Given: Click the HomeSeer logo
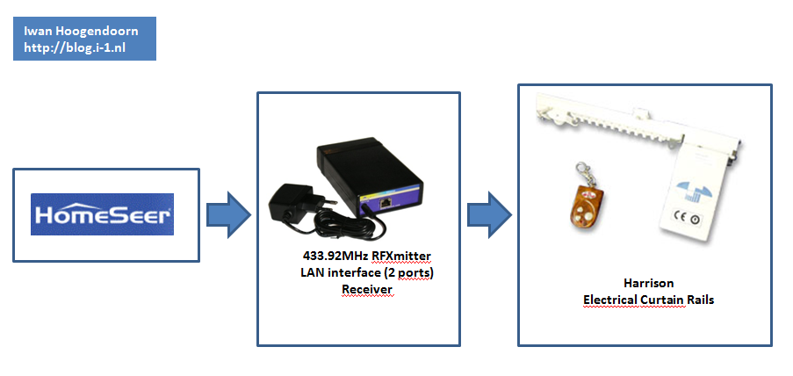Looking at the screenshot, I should [x=102, y=214].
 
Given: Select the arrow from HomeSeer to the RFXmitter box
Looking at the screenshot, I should [x=228, y=214].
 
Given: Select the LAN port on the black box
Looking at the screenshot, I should [x=388, y=202].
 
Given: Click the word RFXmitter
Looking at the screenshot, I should [x=400, y=256].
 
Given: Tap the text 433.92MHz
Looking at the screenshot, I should [x=334, y=256].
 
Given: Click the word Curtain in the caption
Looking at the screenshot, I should [x=667, y=300].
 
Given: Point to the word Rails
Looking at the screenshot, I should [x=701, y=300].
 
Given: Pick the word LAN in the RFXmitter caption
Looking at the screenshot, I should [x=314, y=272].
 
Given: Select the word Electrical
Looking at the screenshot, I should [x=613, y=300].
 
